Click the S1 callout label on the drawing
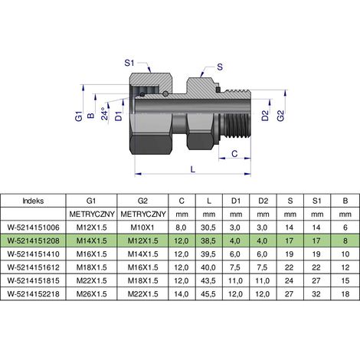click(x=129, y=63)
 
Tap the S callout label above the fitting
click(x=220, y=67)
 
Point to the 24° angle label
click(x=105, y=113)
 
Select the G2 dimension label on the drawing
click(x=280, y=116)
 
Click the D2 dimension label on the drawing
click(x=265, y=116)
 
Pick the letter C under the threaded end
click(x=234, y=154)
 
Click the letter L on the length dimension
click(x=193, y=169)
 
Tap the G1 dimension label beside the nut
click(x=79, y=116)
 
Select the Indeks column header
click(x=33, y=201)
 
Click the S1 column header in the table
click(x=316, y=201)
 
